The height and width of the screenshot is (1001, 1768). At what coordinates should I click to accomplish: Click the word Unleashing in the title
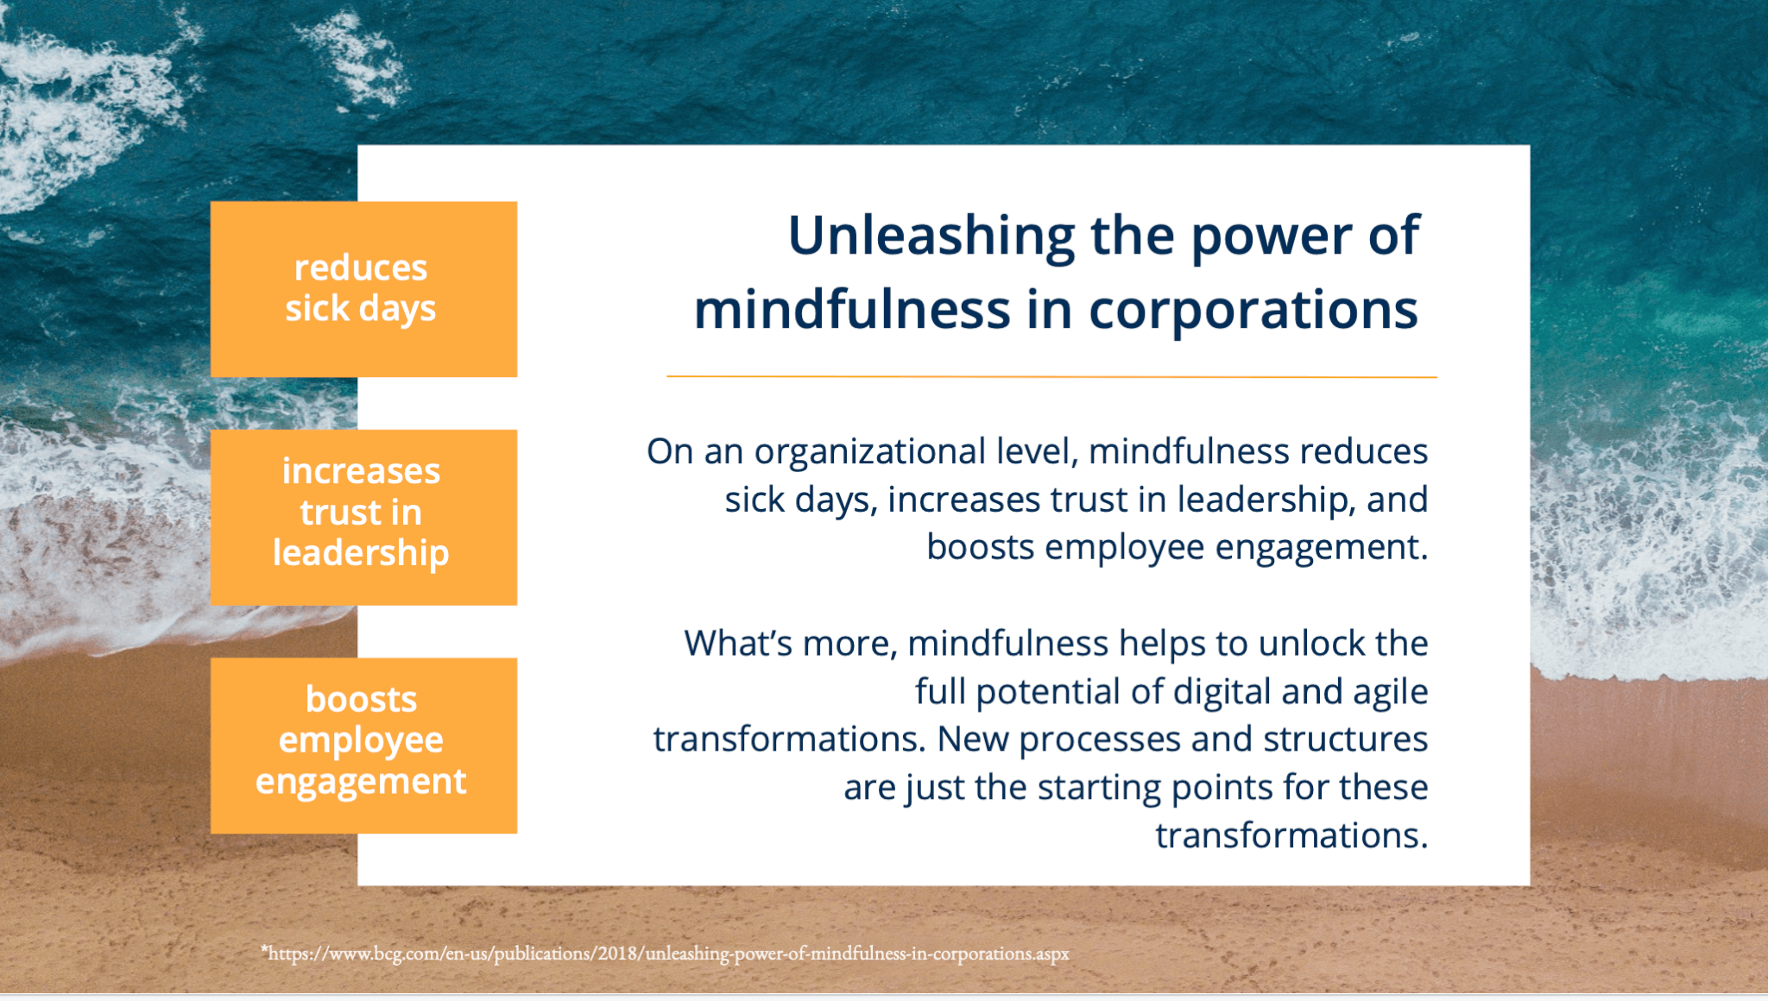point(931,236)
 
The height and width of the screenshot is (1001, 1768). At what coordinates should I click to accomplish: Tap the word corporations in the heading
point(1253,311)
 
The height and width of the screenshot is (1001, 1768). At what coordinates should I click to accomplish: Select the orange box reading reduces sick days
point(363,289)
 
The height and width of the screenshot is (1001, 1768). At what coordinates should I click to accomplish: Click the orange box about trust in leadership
point(363,517)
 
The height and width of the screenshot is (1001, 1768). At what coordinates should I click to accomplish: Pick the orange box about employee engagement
point(363,746)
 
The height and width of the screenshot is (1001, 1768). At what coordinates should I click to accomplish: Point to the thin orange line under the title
point(1051,377)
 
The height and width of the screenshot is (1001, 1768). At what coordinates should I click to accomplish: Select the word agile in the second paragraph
point(1390,692)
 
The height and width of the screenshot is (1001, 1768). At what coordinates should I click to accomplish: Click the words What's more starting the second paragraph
point(790,644)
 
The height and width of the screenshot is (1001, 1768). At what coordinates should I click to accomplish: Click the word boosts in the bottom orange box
point(361,700)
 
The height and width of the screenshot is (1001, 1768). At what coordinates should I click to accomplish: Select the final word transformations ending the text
point(1291,835)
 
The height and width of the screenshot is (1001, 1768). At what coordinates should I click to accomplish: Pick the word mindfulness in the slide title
point(851,311)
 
